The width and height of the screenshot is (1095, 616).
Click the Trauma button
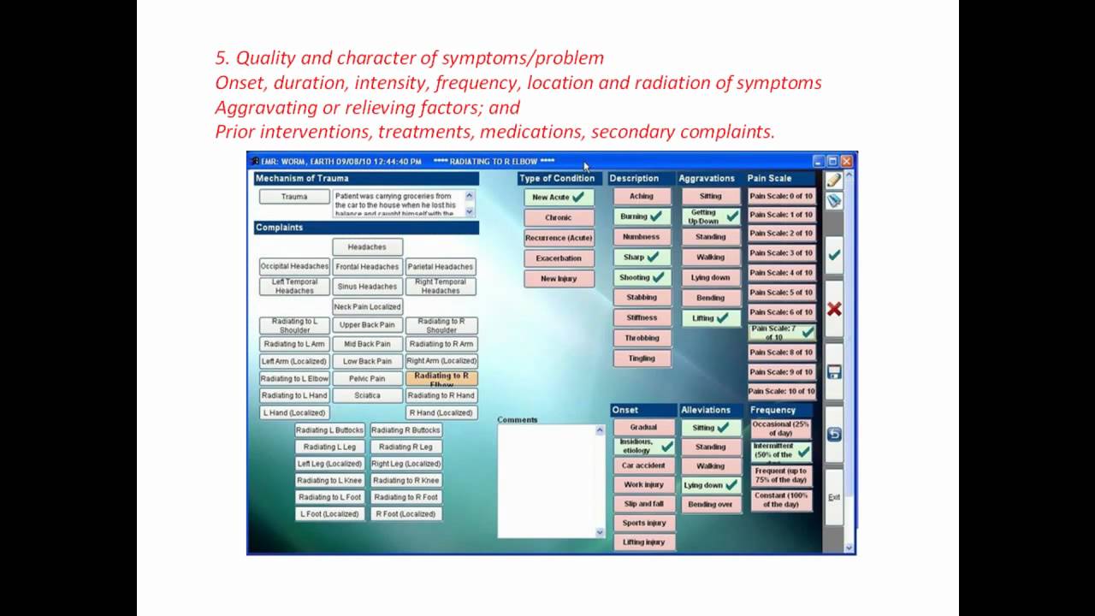tap(294, 197)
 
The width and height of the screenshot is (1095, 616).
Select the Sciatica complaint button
tap(367, 395)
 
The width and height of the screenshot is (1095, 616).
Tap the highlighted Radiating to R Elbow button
tap(441, 378)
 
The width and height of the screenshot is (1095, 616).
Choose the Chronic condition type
tap(559, 217)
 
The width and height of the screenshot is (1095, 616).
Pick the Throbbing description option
tap(642, 338)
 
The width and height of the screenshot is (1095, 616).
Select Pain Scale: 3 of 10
tap(781, 252)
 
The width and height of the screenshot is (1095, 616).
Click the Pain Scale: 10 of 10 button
tap(781, 391)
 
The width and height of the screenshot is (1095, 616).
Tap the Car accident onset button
tap(643, 466)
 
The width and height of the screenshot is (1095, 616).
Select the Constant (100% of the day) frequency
tap(781, 500)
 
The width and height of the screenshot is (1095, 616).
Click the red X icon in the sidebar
tap(834, 309)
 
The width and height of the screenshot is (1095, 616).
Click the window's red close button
tap(846, 161)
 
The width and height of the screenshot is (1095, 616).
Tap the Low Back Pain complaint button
tap(367, 361)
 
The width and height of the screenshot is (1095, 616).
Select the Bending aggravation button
tap(711, 298)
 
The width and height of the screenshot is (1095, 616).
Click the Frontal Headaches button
tap(367, 267)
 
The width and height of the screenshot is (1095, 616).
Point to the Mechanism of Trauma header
tap(303, 179)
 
